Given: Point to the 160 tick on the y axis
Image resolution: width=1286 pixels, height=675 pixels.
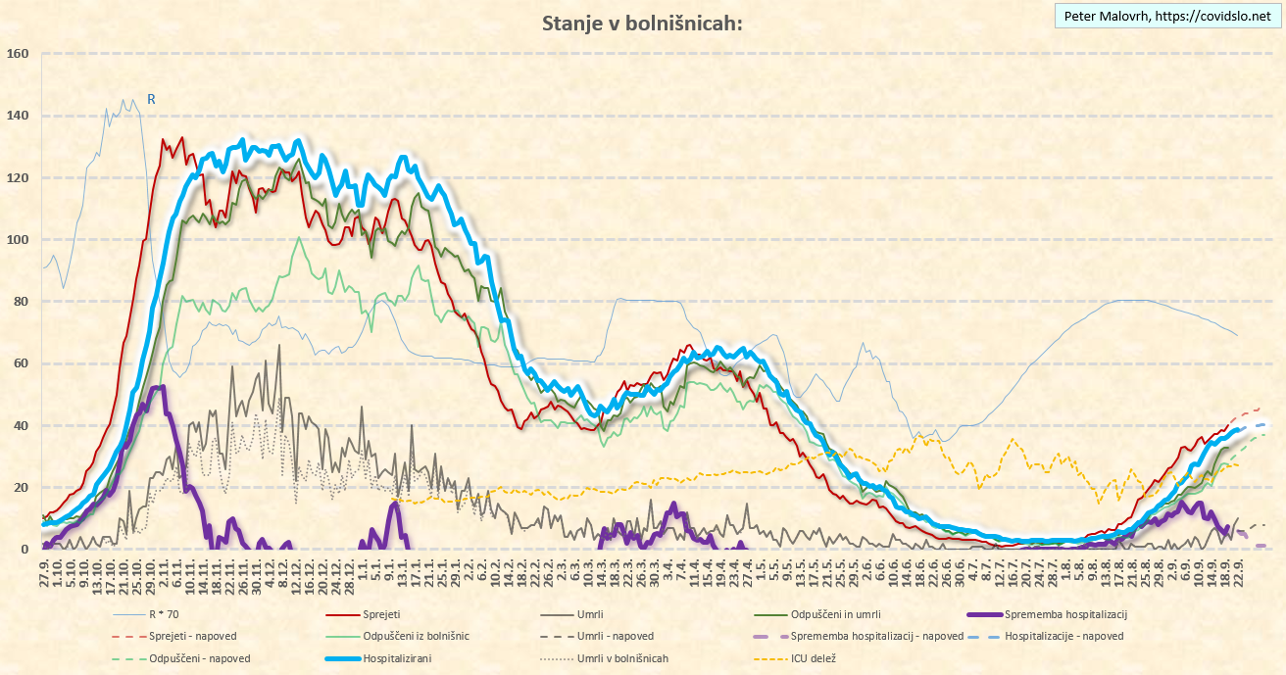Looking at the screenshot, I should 18,54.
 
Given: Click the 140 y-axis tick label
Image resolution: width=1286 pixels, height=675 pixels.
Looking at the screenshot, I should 18,116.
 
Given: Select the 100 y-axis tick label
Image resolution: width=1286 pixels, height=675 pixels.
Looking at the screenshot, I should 18,240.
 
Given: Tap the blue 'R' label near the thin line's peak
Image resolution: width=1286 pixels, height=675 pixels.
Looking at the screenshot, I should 151,98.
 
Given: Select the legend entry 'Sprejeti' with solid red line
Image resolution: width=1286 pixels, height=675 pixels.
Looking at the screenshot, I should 385,614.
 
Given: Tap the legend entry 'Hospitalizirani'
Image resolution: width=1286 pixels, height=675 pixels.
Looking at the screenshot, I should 397,658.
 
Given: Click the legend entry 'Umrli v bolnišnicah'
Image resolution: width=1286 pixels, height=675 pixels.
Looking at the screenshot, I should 622,658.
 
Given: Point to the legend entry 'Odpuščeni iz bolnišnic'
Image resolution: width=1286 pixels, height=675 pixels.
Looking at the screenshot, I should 416,637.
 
